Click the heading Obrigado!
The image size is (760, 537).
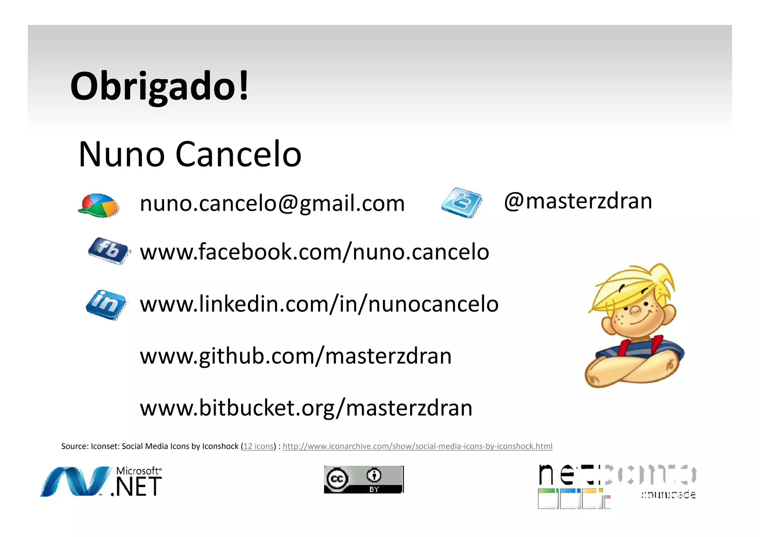coord(160,86)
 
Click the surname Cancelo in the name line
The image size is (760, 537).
coord(238,154)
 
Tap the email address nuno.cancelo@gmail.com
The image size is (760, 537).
coord(272,203)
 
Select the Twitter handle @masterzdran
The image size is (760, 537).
coord(578,201)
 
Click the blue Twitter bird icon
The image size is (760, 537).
coord(461,203)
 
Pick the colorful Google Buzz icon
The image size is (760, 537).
coord(99,205)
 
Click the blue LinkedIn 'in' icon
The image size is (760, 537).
coord(106,304)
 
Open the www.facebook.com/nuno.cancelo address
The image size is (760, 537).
coord(314,252)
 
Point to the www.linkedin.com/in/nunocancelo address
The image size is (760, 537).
coord(319,304)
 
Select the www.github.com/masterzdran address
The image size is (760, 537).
coord(296,356)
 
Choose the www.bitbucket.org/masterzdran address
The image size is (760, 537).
coord(306,408)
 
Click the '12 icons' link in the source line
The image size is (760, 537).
coord(258,446)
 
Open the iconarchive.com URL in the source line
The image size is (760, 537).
coord(417,446)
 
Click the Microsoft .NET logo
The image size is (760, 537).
coord(101,481)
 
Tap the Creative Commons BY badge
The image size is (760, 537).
coord(363,480)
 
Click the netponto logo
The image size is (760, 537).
coord(617,486)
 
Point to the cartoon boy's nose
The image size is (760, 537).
coord(635,310)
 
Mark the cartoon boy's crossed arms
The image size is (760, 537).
coord(631,367)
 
